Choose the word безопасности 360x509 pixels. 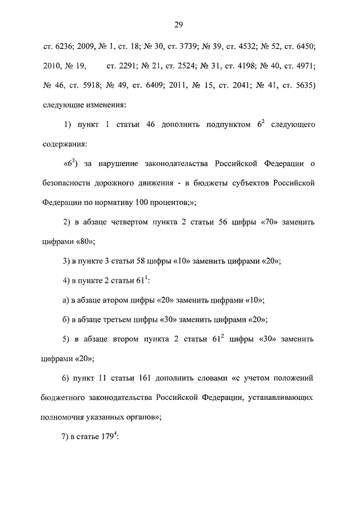coord(70,183)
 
